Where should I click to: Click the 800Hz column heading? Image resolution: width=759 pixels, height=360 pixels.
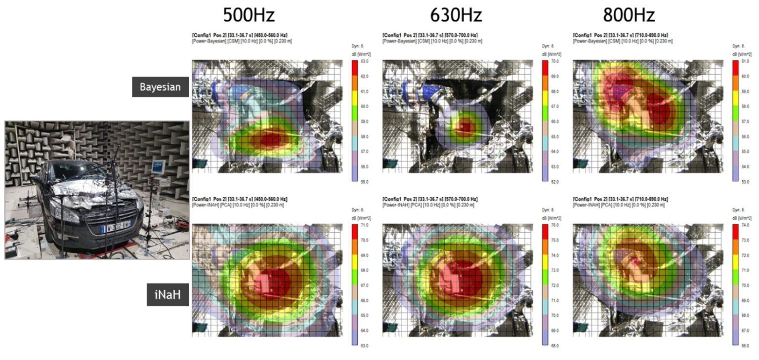[x=629, y=15]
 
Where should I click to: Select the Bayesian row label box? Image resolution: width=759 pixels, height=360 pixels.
[x=160, y=87]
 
